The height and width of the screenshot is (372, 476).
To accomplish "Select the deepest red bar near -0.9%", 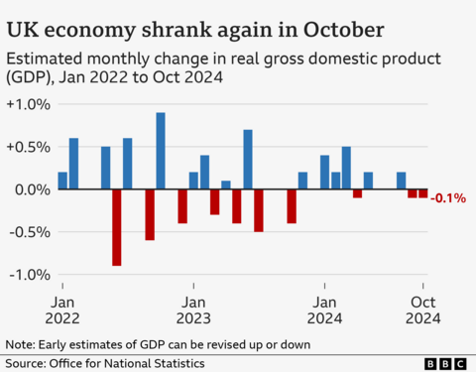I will click(x=117, y=227).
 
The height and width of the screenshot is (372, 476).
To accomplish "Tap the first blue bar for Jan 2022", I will click(x=62, y=181).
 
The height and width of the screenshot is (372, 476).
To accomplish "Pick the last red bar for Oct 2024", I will click(x=423, y=193).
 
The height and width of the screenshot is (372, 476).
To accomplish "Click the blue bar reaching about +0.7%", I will click(x=248, y=160).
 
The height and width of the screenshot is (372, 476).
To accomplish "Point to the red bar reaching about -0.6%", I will click(x=150, y=214).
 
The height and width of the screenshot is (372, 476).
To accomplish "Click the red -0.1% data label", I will click(x=451, y=198).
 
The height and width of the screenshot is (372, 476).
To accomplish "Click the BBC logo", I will click(x=444, y=363).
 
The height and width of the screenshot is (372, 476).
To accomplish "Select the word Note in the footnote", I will click(x=20, y=344).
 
